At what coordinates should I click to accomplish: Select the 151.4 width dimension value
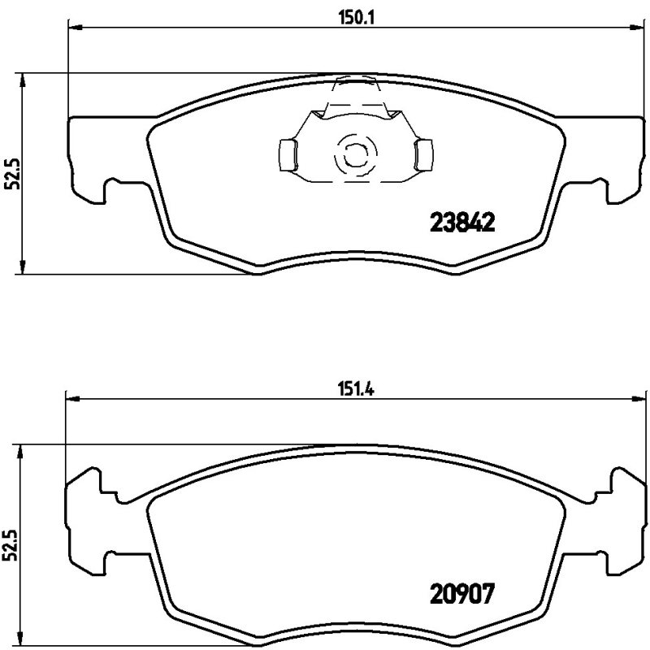point(356,388)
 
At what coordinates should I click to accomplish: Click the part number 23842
point(461,223)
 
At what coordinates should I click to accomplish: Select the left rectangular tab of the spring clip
point(287,154)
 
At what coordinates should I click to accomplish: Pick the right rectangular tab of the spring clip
point(423,154)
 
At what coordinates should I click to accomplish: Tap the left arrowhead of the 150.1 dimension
point(74,28)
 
